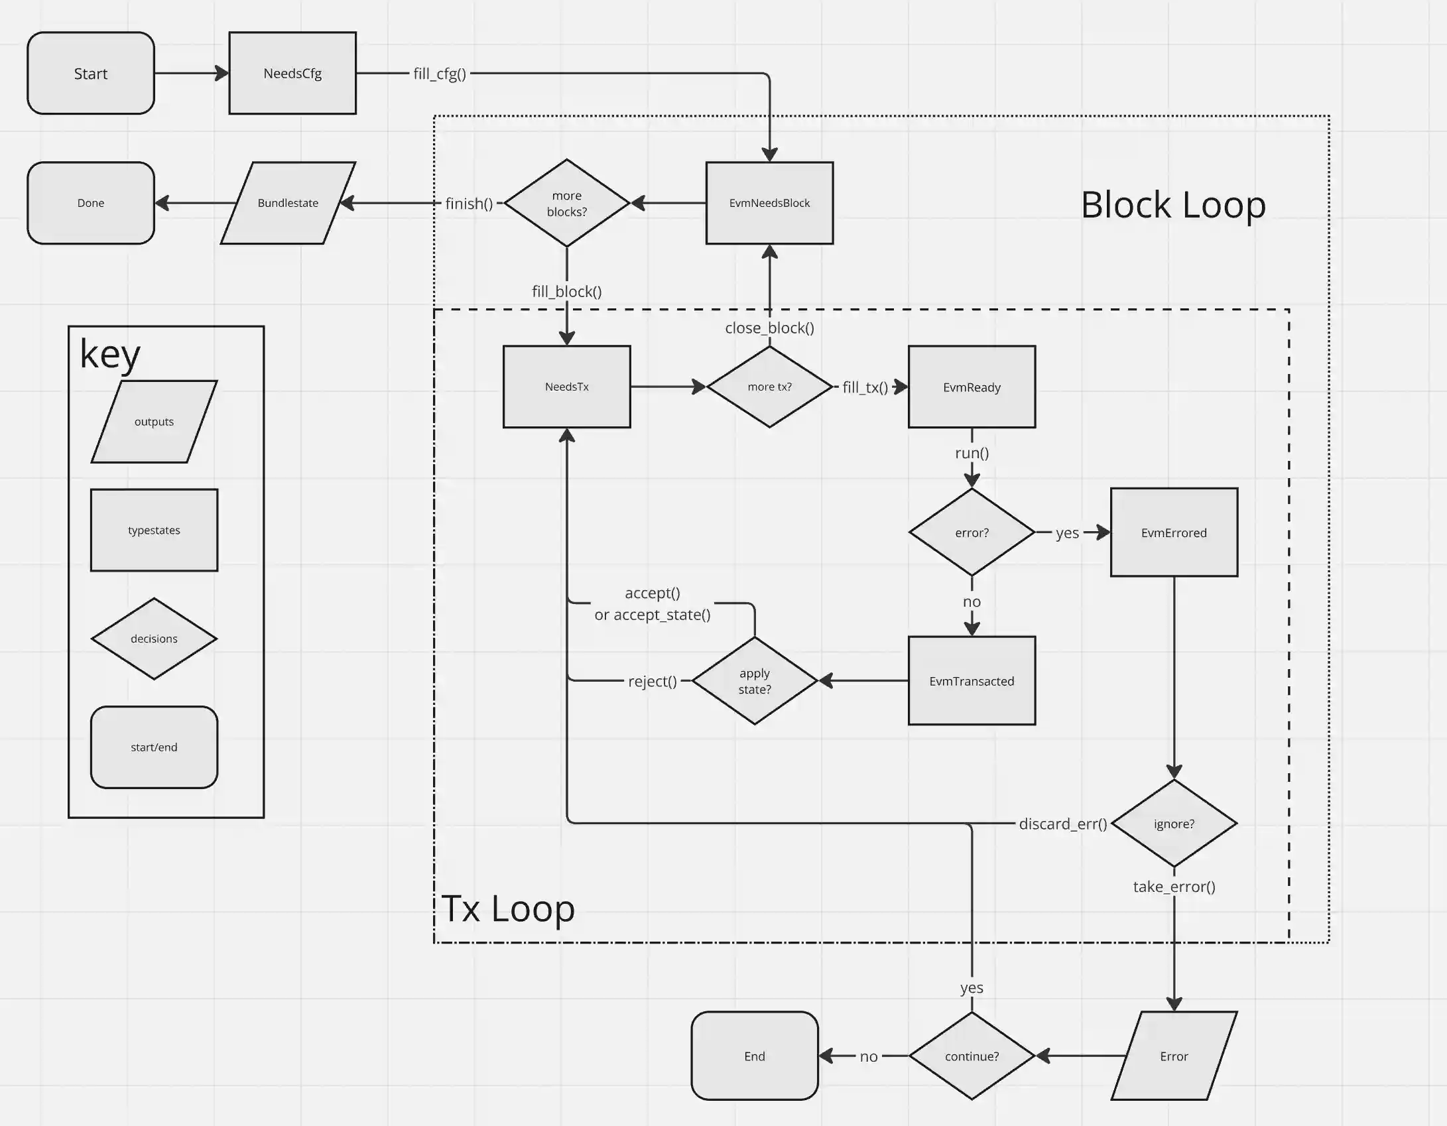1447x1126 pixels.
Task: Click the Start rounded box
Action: tap(91, 74)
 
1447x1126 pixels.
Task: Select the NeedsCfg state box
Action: tap(292, 74)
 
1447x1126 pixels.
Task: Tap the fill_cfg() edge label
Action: tap(439, 74)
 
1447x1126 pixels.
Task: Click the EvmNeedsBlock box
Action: tap(769, 203)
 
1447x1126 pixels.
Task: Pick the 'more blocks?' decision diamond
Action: tap(566, 203)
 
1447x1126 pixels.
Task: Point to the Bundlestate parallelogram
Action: tap(288, 203)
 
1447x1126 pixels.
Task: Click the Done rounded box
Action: tap(91, 203)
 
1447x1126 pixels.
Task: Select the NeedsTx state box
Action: tap(566, 387)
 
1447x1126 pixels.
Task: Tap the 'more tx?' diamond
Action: tap(769, 387)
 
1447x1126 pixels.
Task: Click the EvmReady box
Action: tap(972, 387)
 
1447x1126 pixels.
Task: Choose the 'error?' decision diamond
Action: tap(972, 532)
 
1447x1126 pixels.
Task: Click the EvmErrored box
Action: tap(1174, 532)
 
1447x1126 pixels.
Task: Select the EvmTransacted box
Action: tap(972, 681)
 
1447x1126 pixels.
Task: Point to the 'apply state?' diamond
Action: tap(755, 681)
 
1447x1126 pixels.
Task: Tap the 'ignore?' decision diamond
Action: tap(1174, 824)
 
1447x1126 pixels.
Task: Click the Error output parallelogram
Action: tap(1174, 1056)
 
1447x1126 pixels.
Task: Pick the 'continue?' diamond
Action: tap(972, 1056)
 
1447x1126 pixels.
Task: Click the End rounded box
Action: tap(755, 1056)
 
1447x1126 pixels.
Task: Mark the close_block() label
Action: tap(769, 328)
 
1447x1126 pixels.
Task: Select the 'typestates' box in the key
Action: tap(154, 530)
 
